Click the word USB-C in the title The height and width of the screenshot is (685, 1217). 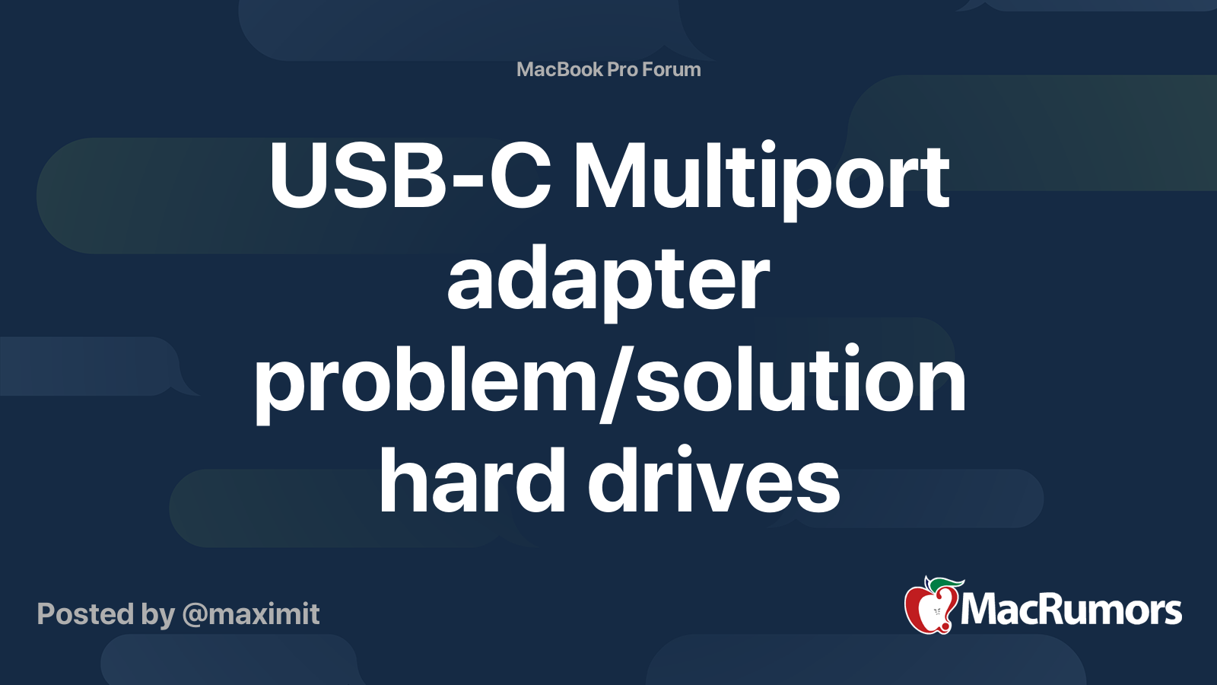click(x=409, y=177)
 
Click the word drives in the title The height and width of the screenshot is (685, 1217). click(x=713, y=479)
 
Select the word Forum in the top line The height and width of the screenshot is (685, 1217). click(x=671, y=69)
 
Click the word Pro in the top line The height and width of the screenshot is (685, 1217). click(x=622, y=69)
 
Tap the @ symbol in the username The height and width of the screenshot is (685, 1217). click(x=195, y=615)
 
